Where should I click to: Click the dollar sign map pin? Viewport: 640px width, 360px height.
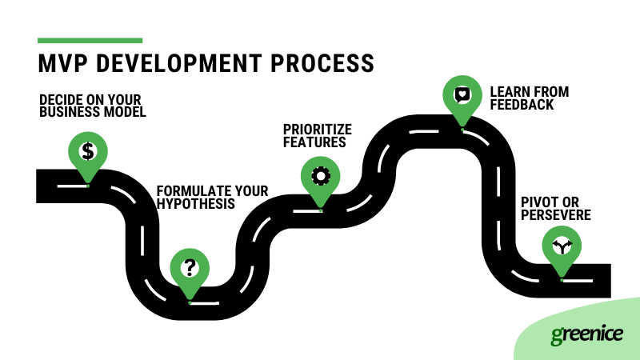tap(88, 151)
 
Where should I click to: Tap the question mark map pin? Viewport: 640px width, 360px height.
tap(190, 267)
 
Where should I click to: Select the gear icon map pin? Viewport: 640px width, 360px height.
tap(320, 175)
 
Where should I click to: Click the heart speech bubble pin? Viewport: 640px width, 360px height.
tap(462, 94)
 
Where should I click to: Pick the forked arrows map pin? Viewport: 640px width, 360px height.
tap(562, 246)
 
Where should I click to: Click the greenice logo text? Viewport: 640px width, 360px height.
tap(586, 334)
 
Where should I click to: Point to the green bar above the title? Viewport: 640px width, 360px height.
tap(90, 40)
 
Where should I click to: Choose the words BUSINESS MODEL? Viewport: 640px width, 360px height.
tap(93, 113)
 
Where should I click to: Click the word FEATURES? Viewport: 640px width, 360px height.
tap(314, 142)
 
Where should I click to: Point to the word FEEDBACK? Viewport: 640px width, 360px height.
tap(520, 105)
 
